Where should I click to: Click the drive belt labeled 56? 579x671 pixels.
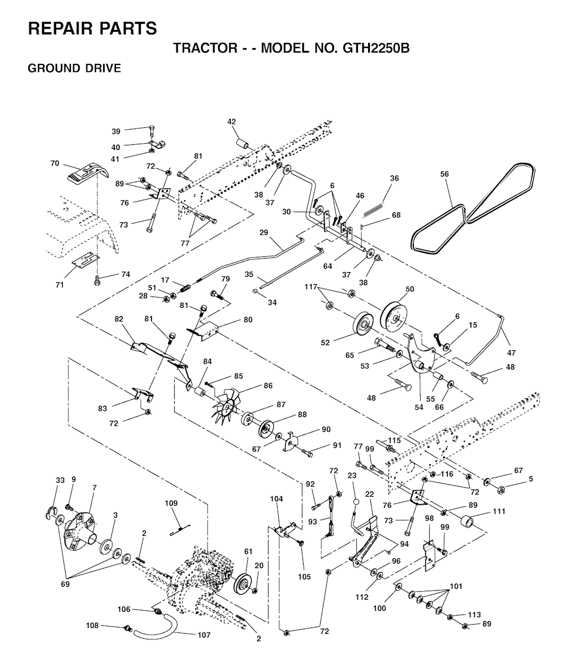[473, 208]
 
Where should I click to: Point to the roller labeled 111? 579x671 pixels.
[469, 522]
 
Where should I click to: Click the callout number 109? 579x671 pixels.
[171, 504]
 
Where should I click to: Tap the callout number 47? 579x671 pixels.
[512, 353]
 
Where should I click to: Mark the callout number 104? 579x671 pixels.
[276, 498]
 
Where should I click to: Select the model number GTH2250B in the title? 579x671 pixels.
[377, 48]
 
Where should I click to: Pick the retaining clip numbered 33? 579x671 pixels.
[51, 512]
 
